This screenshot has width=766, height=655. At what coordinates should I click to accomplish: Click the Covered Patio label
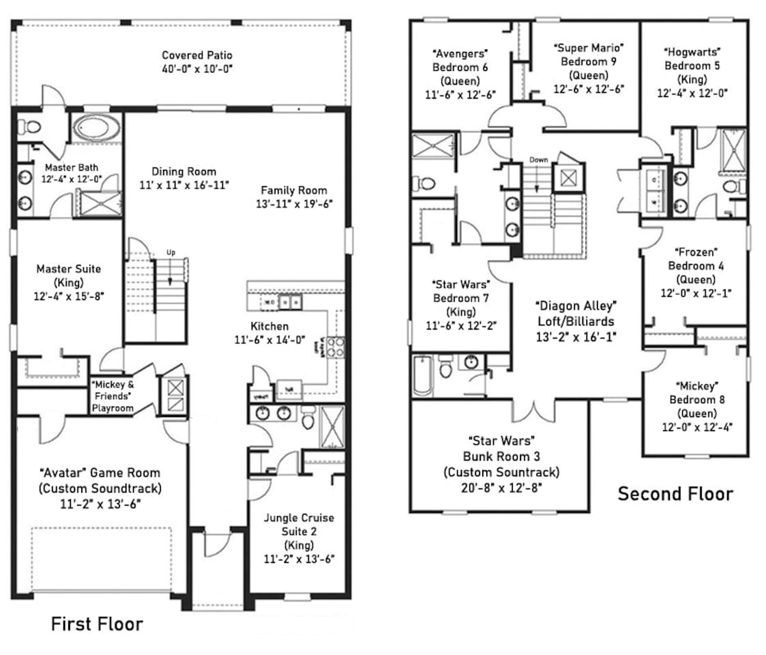[197, 55]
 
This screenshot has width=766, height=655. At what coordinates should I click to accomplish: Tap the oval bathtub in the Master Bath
[96, 128]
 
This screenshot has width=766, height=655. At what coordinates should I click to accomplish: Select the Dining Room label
[183, 172]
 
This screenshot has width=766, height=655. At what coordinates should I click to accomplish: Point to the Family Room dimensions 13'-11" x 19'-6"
[293, 203]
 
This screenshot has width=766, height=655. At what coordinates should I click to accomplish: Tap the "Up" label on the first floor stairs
[171, 252]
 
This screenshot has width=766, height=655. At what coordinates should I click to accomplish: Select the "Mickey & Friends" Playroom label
[113, 396]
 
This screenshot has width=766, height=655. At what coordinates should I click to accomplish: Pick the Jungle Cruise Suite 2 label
[299, 524]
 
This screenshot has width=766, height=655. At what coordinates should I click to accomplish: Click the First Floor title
[97, 624]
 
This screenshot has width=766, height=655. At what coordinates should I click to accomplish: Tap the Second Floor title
[675, 493]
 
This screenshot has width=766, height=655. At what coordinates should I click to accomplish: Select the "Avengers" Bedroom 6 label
[460, 60]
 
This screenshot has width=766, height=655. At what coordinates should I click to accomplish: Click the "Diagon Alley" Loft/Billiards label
[575, 312]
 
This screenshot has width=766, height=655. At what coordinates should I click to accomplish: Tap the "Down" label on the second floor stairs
[539, 160]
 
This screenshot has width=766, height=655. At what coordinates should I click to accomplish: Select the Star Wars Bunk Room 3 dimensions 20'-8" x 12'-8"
[501, 486]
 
